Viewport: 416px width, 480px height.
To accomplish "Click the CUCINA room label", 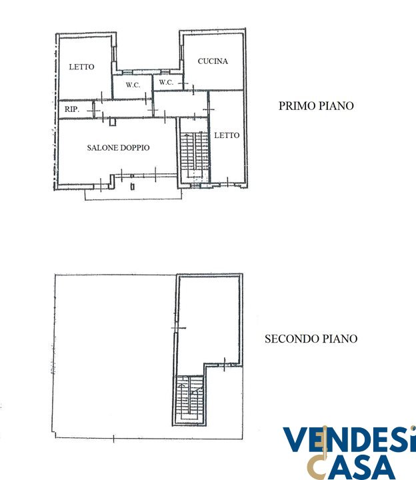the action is click(213, 61).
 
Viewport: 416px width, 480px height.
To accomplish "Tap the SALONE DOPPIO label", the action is click(118, 147).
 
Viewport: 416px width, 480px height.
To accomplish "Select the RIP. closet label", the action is click(72, 109).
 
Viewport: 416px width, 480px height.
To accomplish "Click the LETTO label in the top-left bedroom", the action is click(81, 67).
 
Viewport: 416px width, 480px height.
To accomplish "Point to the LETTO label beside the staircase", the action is click(227, 135).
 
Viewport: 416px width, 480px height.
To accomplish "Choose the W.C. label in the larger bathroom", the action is click(133, 85).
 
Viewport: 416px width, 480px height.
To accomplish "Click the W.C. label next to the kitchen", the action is click(166, 82).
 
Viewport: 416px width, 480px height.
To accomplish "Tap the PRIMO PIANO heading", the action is click(316, 106).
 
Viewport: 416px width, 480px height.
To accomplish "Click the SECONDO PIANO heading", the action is click(311, 339).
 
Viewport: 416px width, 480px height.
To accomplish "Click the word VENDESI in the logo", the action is click(349, 440).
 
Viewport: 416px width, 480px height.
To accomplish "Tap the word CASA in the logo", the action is click(352, 467).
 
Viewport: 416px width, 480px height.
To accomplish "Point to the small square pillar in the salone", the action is click(113, 122).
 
